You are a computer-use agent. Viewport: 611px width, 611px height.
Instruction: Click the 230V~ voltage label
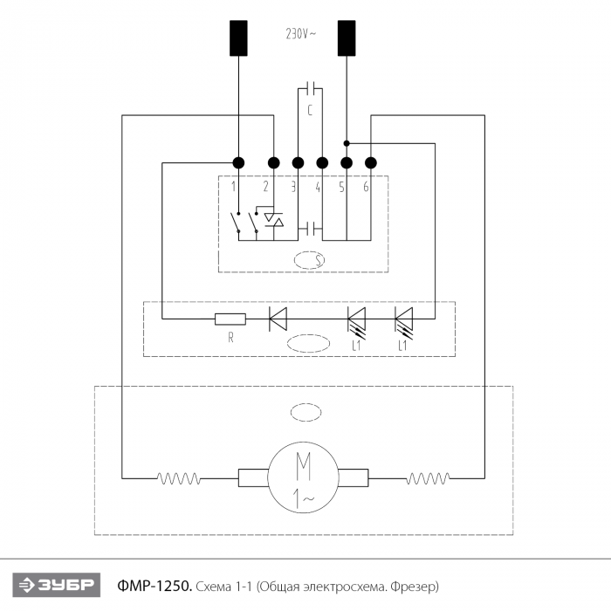coord(301,34)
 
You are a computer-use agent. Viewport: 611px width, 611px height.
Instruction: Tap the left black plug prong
coord(238,38)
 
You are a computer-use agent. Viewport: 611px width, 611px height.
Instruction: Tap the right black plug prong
coord(347,38)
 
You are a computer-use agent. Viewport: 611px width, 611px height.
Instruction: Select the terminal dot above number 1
coord(238,163)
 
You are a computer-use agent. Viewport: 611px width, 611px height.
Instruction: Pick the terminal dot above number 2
coord(273,163)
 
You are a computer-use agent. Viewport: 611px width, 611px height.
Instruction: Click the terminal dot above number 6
coord(371,163)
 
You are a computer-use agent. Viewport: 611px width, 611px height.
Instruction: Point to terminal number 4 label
coord(318,188)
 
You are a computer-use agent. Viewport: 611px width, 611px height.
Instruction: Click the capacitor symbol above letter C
coord(311,88)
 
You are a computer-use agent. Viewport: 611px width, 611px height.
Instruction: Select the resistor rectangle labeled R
coord(230,319)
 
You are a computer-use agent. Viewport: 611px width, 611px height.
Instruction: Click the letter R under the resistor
coord(230,338)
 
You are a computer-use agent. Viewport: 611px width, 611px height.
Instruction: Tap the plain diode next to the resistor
coord(278,319)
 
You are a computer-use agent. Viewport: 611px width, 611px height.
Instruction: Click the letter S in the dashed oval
coord(319,260)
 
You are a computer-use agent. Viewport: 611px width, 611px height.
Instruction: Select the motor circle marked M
coord(303,477)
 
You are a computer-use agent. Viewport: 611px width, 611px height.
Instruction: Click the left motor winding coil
coord(178,478)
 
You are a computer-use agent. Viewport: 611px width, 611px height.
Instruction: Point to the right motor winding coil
coord(428,478)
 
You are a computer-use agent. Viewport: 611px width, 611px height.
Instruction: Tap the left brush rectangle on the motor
coord(253,477)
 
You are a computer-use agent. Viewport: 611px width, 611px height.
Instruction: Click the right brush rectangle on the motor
coord(353,477)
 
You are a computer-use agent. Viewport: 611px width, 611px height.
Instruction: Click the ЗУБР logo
coord(57,585)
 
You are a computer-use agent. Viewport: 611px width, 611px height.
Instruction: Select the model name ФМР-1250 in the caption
coord(154,586)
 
